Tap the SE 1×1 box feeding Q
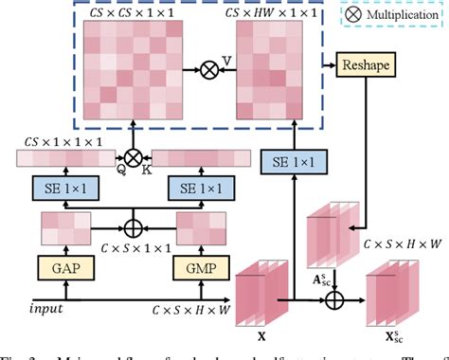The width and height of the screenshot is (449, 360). click(63, 189)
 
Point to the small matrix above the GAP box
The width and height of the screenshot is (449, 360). click(64, 226)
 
